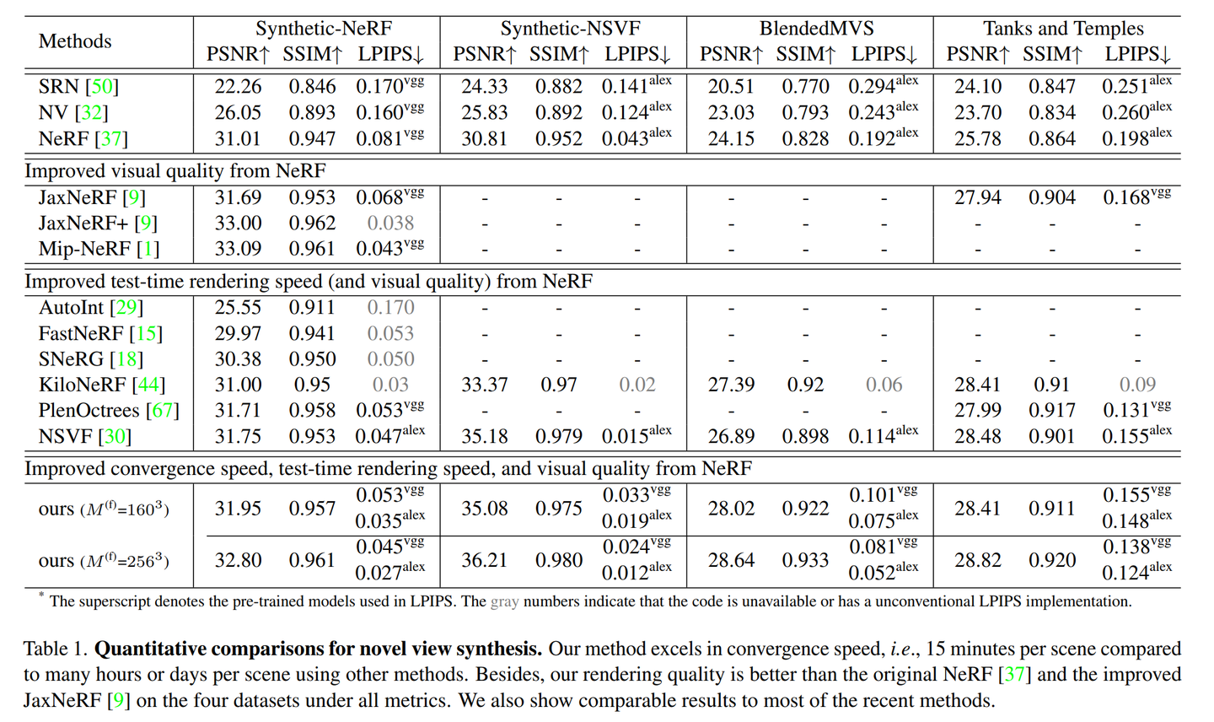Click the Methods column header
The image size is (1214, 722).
[x=75, y=41]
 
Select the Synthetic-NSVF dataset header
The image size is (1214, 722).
[x=570, y=29]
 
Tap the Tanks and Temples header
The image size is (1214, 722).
[x=1063, y=29]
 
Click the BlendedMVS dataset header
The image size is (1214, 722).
[x=816, y=29]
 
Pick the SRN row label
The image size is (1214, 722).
[x=58, y=87]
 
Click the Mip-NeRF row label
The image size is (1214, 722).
[x=75, y=249]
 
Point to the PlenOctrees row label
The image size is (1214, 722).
[x=89, y=411]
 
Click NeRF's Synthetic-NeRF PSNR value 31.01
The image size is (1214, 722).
[x=238, y=138]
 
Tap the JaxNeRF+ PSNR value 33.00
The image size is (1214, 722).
[x=238, y=224]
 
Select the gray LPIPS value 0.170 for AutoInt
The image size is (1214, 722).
[x=390, y=308]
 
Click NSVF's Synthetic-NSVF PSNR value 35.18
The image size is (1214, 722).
[x=485, y=437]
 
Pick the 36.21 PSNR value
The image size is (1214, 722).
[x=485, y=560]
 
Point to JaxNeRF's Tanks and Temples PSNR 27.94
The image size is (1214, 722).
[x=978, y=197]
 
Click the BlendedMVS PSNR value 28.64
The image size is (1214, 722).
[x=731, y=560]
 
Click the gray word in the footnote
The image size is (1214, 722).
[x=504, y=601]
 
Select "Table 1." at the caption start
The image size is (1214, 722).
[x=56, y=649]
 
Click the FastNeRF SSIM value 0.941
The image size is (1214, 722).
[x=312, y=334]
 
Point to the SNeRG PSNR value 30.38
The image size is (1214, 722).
[x=238, y=359]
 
